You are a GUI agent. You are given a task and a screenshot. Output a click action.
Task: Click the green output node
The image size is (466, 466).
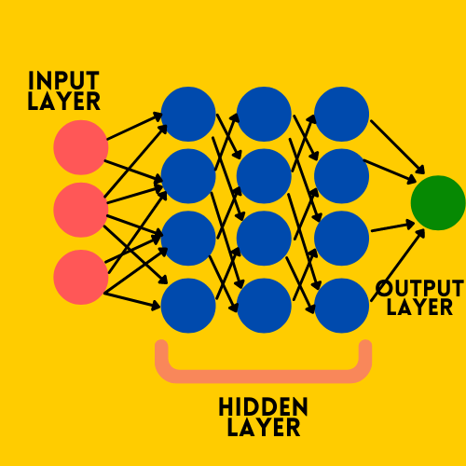(438, 203)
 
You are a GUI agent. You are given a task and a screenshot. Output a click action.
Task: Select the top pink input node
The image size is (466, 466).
(81, 147)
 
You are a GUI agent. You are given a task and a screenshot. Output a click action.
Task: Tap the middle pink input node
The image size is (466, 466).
(81, 210)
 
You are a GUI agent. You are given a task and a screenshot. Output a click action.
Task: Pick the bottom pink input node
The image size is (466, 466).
(81, 277)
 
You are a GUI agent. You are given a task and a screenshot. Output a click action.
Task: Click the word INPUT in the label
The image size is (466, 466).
(63, 80)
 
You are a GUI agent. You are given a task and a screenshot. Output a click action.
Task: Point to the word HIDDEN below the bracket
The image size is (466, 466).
(263, 406)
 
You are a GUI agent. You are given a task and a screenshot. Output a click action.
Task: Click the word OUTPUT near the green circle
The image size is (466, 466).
(419, 288)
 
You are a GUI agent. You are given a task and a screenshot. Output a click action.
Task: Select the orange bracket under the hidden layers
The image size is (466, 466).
(263, 376)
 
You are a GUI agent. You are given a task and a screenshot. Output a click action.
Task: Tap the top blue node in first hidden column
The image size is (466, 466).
(188, 114)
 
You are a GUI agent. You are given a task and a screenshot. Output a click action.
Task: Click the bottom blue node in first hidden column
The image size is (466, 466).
(188, 306)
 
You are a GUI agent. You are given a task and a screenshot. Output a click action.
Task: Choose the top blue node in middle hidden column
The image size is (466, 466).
(264, 114)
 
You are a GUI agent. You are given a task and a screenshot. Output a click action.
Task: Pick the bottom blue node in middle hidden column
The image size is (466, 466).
(264, 306)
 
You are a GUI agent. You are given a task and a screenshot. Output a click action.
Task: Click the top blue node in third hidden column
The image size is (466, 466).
(341, 114)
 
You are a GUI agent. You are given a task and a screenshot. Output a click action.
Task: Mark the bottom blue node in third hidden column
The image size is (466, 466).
(341, 306)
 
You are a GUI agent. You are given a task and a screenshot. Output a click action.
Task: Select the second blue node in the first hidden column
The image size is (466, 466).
(188, 176)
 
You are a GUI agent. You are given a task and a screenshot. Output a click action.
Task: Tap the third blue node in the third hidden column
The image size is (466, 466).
(341, 239)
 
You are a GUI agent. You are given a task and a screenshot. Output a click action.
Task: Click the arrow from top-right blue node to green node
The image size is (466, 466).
(397, 147)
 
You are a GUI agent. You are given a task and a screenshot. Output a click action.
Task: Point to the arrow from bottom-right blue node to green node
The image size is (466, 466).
(398, 265)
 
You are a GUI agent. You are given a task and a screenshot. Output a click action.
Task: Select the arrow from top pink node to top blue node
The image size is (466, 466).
(135, 127)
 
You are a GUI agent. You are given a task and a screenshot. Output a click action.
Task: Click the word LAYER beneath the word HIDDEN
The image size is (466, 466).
(264, 428)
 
